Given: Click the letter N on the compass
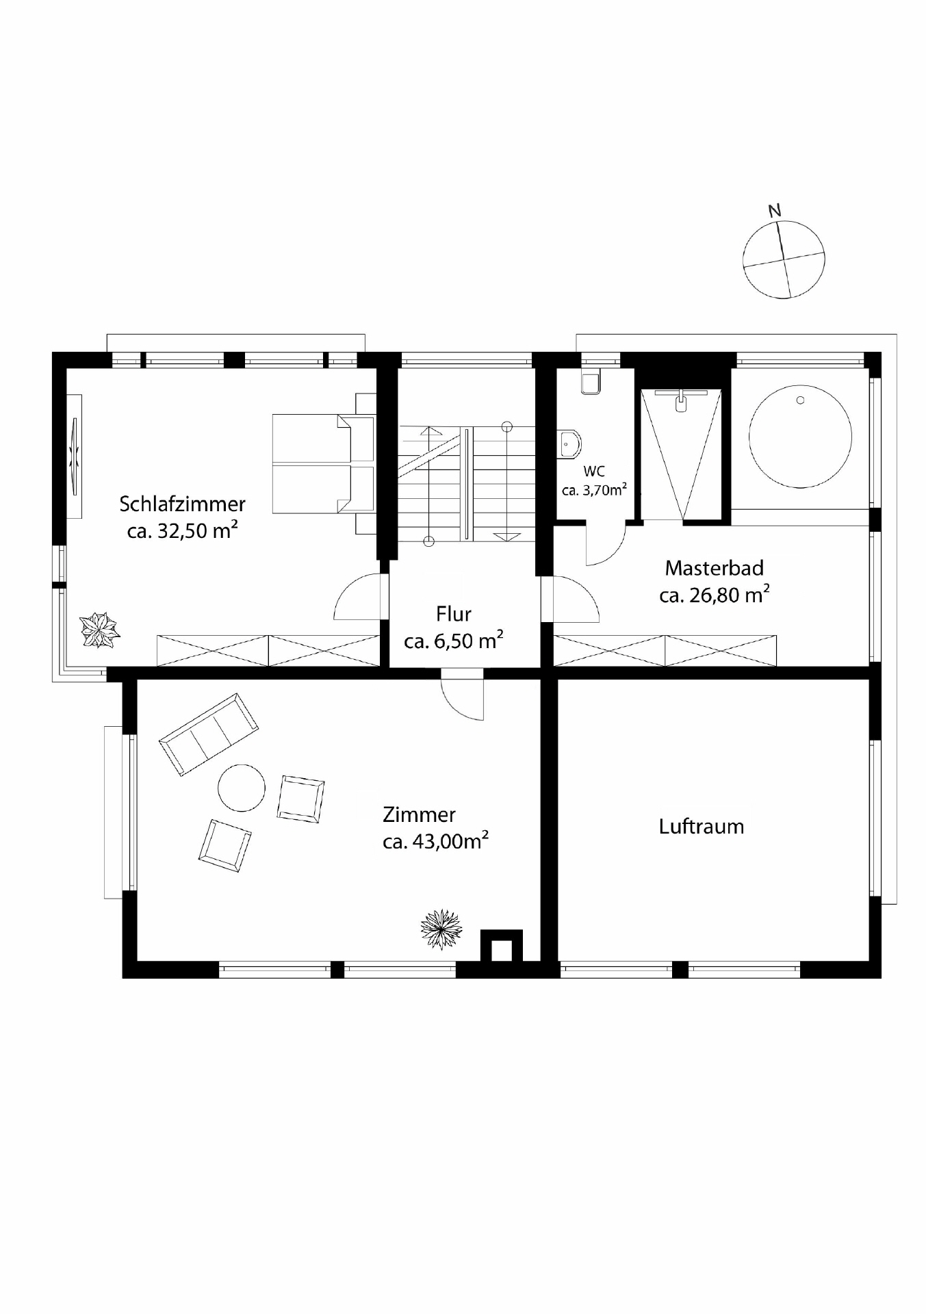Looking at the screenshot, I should pos(774,211).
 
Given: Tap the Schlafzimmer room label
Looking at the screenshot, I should pos(182,504).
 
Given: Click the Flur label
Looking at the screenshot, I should pos(453,614).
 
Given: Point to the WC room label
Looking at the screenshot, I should pos(593,472).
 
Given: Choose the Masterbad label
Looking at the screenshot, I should pos(714,568).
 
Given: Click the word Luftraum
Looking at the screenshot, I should pos(701,827).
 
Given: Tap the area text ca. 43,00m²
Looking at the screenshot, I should pos(435,841).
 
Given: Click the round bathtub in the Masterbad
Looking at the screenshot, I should pos(799,436).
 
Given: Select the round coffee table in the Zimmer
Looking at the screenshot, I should pos(241,788).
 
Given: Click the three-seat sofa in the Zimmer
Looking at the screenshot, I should pos(209,734).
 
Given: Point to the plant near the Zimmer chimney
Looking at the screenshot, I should pos(441,929).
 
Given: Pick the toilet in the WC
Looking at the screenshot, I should pos(569,443).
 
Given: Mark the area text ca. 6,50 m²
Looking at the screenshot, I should pos(453,641).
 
